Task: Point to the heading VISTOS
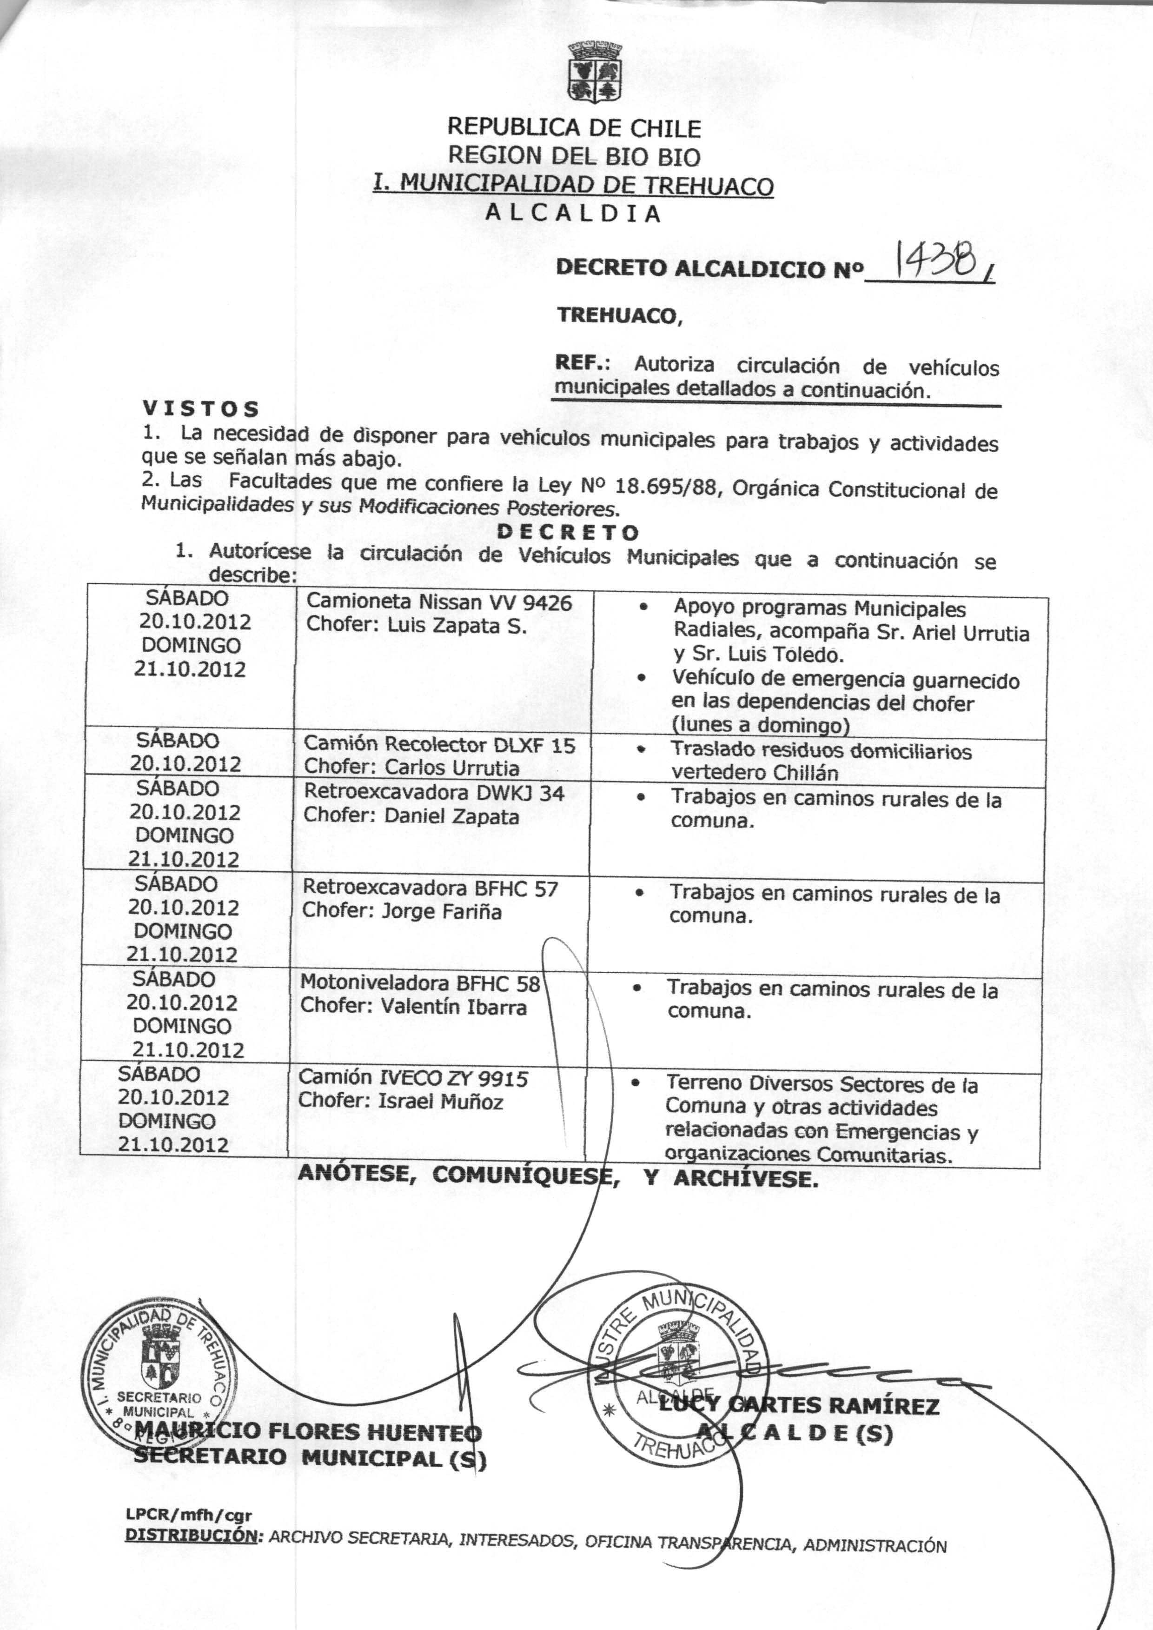coord(201,409)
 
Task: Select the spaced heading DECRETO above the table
coord(568,532)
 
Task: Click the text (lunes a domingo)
coord(761,725)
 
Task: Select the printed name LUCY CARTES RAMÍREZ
coord(799,1406)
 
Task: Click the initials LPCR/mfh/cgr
coord(188,1516)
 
